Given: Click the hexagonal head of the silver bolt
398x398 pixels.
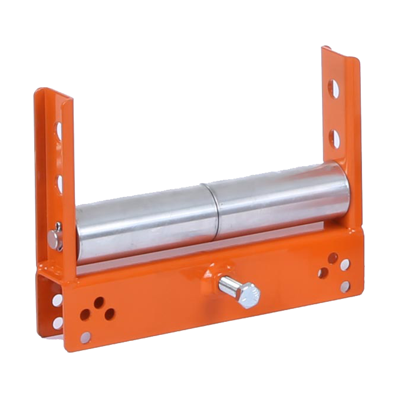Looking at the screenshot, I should point(248,294).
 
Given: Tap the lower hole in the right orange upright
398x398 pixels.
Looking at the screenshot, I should point(335,139).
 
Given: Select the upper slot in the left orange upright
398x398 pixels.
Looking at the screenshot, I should point(58,130).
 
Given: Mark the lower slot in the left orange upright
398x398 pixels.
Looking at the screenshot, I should point(60,183).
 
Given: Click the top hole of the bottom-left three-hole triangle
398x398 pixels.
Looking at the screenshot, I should point(98,302).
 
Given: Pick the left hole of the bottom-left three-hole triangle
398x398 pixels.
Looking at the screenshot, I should point(85,314).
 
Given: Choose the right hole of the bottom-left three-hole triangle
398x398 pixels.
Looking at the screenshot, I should point(109,314).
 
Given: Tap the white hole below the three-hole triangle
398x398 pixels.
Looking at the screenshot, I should point(86,337).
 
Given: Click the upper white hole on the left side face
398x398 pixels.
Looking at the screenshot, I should point(57,300).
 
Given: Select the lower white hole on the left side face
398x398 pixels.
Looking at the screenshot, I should point(58,323).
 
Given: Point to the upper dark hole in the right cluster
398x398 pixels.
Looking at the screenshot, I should point(333,258).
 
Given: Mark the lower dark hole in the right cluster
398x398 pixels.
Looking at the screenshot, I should point(323,273).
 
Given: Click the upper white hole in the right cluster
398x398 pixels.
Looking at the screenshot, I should point(345,265).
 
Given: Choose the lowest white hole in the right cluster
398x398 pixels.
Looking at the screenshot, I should point(345,287).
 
